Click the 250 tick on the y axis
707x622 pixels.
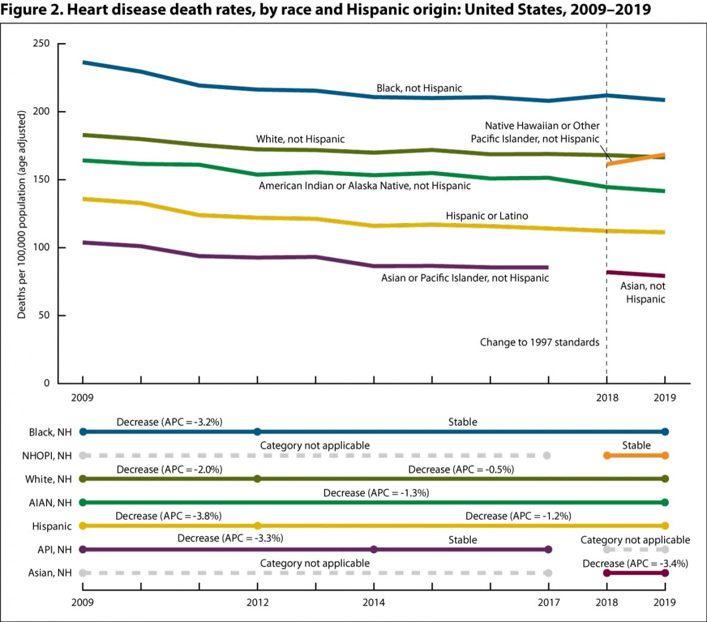pyautogui.click(x=41, y=44)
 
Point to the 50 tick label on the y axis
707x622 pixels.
pyautogui.click(x=44, y=315)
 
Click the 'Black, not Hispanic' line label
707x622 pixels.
pyautogui.click(x=419, y=88)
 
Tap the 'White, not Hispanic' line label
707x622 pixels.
pyautogui.click(x=300, y=139)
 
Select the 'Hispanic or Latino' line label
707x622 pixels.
pyautogui.click(x=486, y=216)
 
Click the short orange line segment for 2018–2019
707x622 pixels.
pyautogui.click(x=635, y=159)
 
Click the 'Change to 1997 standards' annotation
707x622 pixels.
pyautogui.click(x=539, y=342)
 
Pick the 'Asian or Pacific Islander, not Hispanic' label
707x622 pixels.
pyautogui.click(x=465, y=278)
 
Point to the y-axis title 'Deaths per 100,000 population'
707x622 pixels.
pyautogui.click(x=22, y=215)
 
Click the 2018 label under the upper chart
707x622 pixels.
pyautogui.click(x=607, y=398)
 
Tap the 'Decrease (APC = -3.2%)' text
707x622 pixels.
pyautogui.click(x=169, y=422)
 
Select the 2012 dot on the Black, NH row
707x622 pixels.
pyautogui.click(x=257, y=432)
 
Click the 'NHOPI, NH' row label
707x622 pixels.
pyautogui.click(x=47, y=456)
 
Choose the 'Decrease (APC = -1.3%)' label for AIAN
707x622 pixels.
pyautogui.click(x=376, y=493)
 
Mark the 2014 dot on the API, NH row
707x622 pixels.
pyautogui.click(x=373, y=549)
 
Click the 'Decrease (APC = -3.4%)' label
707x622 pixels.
pyautogui.click(x=635, y=563)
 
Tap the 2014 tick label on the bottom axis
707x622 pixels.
pyautogui.click(x=373, y=602)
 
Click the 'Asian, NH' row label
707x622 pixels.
pyautogui.click(x=50, y=573)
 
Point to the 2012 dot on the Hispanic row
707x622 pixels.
pyautogui.click(x=257, y=526)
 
